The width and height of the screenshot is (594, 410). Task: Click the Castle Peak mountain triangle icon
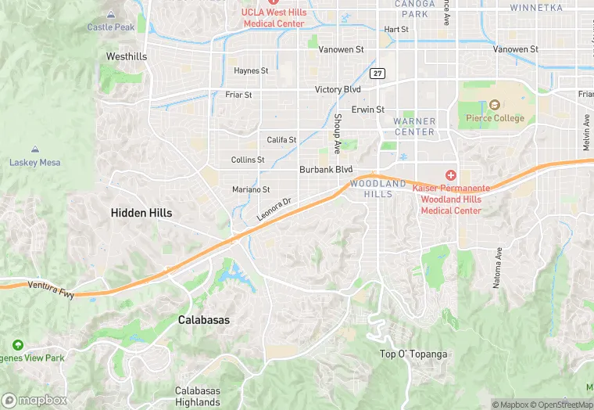111,14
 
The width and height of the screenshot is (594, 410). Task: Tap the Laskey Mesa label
34,163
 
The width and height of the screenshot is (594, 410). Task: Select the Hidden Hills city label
141,213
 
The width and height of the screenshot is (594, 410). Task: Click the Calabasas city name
204,320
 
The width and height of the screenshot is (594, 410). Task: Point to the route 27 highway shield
378,74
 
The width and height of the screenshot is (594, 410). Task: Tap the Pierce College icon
494,105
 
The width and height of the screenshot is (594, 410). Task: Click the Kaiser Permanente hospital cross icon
451,174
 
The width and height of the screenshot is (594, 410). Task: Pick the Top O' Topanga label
413,354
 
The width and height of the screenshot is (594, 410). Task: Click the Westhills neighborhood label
126,57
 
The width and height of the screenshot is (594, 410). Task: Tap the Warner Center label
414,127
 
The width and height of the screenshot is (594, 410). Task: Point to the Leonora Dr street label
274,208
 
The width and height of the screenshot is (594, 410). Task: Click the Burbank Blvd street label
326,169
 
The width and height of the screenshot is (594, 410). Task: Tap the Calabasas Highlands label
197,397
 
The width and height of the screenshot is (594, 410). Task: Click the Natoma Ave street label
496,268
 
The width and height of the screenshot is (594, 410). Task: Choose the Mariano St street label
251,189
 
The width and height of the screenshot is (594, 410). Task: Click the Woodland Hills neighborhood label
378,189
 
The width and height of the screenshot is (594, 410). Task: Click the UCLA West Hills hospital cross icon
274,3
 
